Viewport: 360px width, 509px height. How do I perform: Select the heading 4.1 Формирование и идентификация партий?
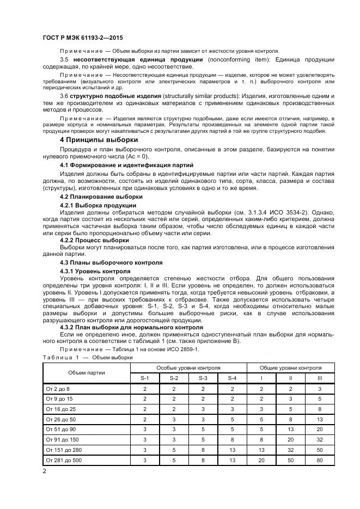click(x=126, y=165)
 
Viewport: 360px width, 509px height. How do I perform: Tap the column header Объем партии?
click(x=87, y=372)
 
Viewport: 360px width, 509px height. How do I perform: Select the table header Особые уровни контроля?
click(x=188, y=367)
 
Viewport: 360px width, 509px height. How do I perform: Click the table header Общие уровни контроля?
click(x=290, y=367)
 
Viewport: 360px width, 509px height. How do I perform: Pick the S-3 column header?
click(x=203, y=378)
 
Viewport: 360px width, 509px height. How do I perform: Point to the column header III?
click(x=320, y=378)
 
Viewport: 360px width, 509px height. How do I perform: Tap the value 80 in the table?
click(x=320, y=460)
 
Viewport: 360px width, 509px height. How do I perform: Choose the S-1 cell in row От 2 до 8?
click(x=145, y=389)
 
